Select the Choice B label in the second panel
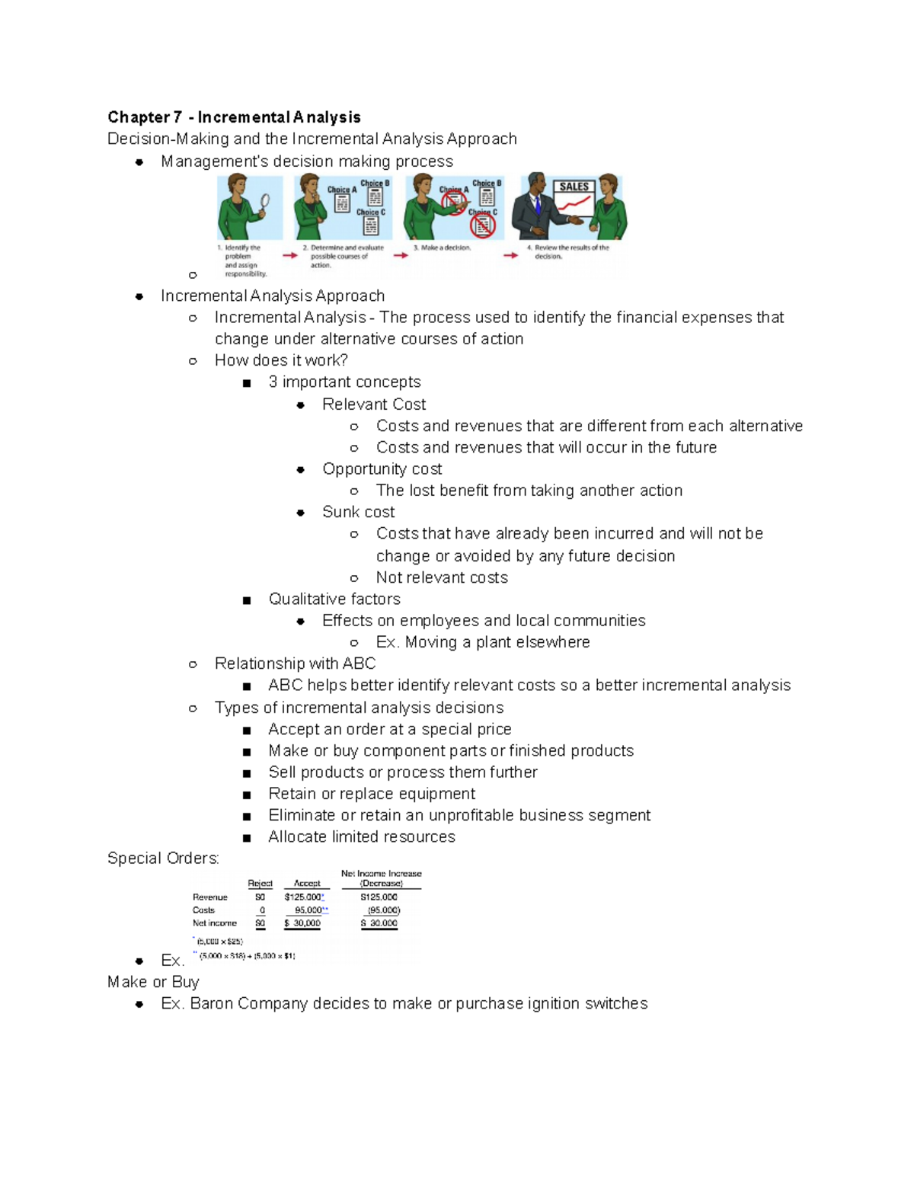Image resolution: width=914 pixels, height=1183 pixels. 375,184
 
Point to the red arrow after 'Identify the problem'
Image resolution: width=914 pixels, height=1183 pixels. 290,256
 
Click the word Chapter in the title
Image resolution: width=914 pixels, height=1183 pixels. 139,117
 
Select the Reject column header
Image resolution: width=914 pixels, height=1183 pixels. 260,884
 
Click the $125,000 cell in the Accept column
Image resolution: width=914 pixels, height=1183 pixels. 303,897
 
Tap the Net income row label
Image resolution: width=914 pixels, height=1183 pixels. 214,923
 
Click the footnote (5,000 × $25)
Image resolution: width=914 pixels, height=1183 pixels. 220,942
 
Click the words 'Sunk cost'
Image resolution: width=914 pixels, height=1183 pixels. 358,512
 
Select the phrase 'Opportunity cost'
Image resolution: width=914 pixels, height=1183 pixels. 382,469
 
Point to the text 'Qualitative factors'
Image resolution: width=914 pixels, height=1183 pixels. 334,599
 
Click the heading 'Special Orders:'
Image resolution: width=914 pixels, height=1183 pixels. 163,858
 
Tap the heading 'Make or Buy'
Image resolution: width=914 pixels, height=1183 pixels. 153,982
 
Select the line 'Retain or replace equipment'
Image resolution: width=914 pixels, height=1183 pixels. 372,794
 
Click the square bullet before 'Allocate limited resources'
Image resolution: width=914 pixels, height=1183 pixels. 247,838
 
